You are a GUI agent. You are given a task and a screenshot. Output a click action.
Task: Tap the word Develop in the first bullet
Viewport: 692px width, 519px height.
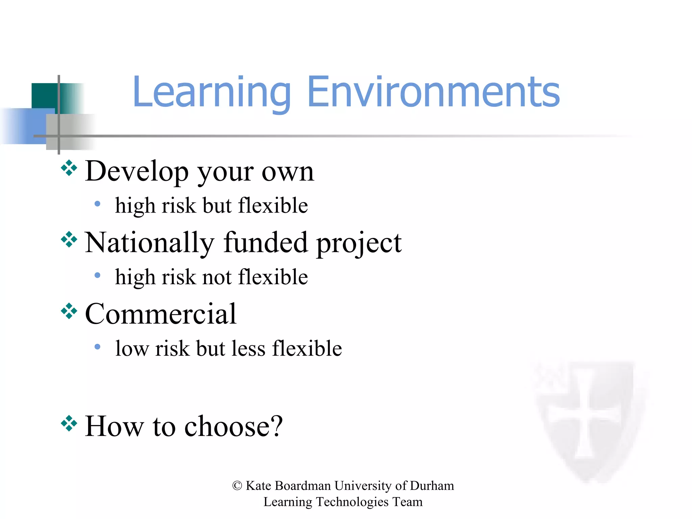(x=137, y=172)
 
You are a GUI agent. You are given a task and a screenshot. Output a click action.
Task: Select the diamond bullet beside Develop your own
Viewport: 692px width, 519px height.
(x=69, y=168)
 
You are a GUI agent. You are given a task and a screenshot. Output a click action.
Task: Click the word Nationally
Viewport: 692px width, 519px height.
(x=149, y=243)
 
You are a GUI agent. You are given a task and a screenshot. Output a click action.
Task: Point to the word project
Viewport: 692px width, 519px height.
(x=359, y=243)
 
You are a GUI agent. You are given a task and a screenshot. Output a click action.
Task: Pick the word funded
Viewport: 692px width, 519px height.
(x=265, y=243)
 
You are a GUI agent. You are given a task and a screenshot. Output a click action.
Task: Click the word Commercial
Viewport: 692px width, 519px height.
(x=161, y=314)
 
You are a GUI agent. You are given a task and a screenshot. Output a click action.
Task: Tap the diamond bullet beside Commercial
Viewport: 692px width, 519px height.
(x=69, y=311)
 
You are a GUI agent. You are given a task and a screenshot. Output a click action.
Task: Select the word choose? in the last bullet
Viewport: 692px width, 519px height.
(x=233, y=426)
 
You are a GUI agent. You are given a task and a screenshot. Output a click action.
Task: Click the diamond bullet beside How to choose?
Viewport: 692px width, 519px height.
(x=69, y=423)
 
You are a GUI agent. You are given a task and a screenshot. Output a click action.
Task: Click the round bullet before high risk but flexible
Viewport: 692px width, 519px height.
(x=97, y=204)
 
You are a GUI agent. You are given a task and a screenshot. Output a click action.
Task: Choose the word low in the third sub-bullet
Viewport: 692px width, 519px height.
(x=132, y=348)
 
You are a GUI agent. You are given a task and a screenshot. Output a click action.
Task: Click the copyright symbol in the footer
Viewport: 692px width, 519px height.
(x=237, y=486)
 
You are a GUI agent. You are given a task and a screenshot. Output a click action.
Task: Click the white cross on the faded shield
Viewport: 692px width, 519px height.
(x=584, y=414)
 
